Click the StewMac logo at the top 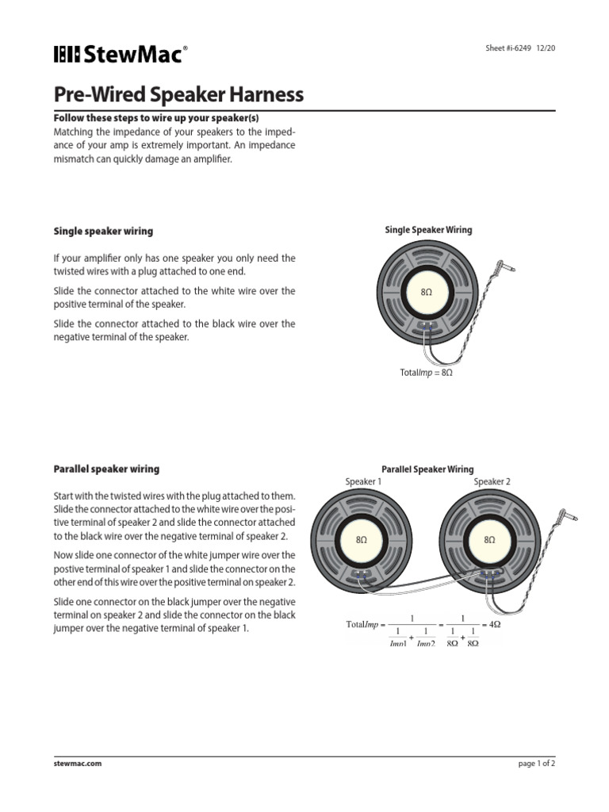point(121,55)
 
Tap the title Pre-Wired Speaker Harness point(178,95)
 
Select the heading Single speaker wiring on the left point(103,231)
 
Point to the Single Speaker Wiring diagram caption point(428,230)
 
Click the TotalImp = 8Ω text point(426,372)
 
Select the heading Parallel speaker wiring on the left point(106,469)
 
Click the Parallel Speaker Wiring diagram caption point(428,469)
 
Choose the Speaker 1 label point(363,481)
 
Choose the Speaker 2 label point(492,481)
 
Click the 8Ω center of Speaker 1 point(362,539)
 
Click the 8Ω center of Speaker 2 point(489,539)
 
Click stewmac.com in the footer point(78,764)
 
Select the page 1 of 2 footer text point(536,764)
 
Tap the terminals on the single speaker point(427,325)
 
